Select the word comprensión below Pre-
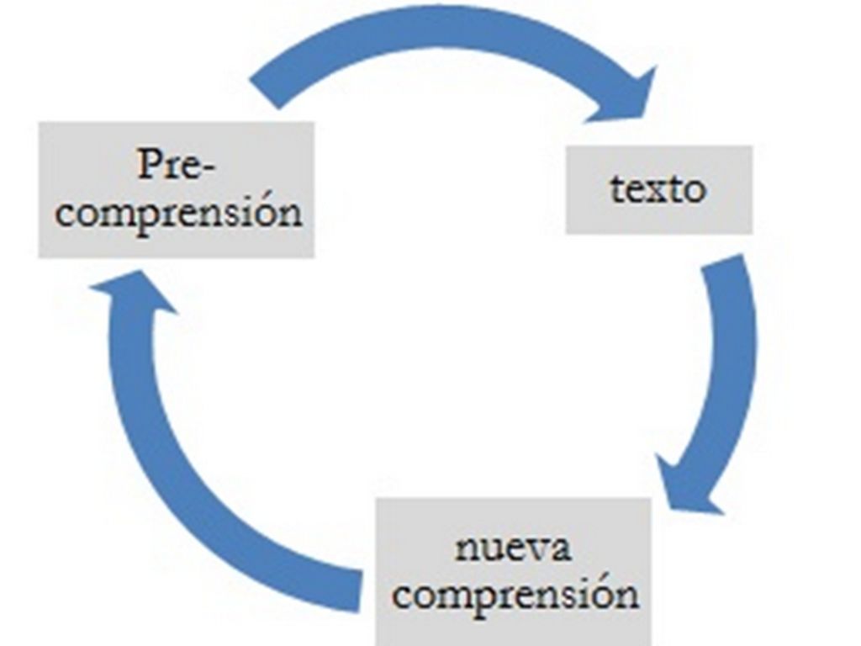point(178,211)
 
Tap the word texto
point(658,188)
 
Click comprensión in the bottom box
point(515,594)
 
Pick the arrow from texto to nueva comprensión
point(725,379)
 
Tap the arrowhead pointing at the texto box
point(626,97)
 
